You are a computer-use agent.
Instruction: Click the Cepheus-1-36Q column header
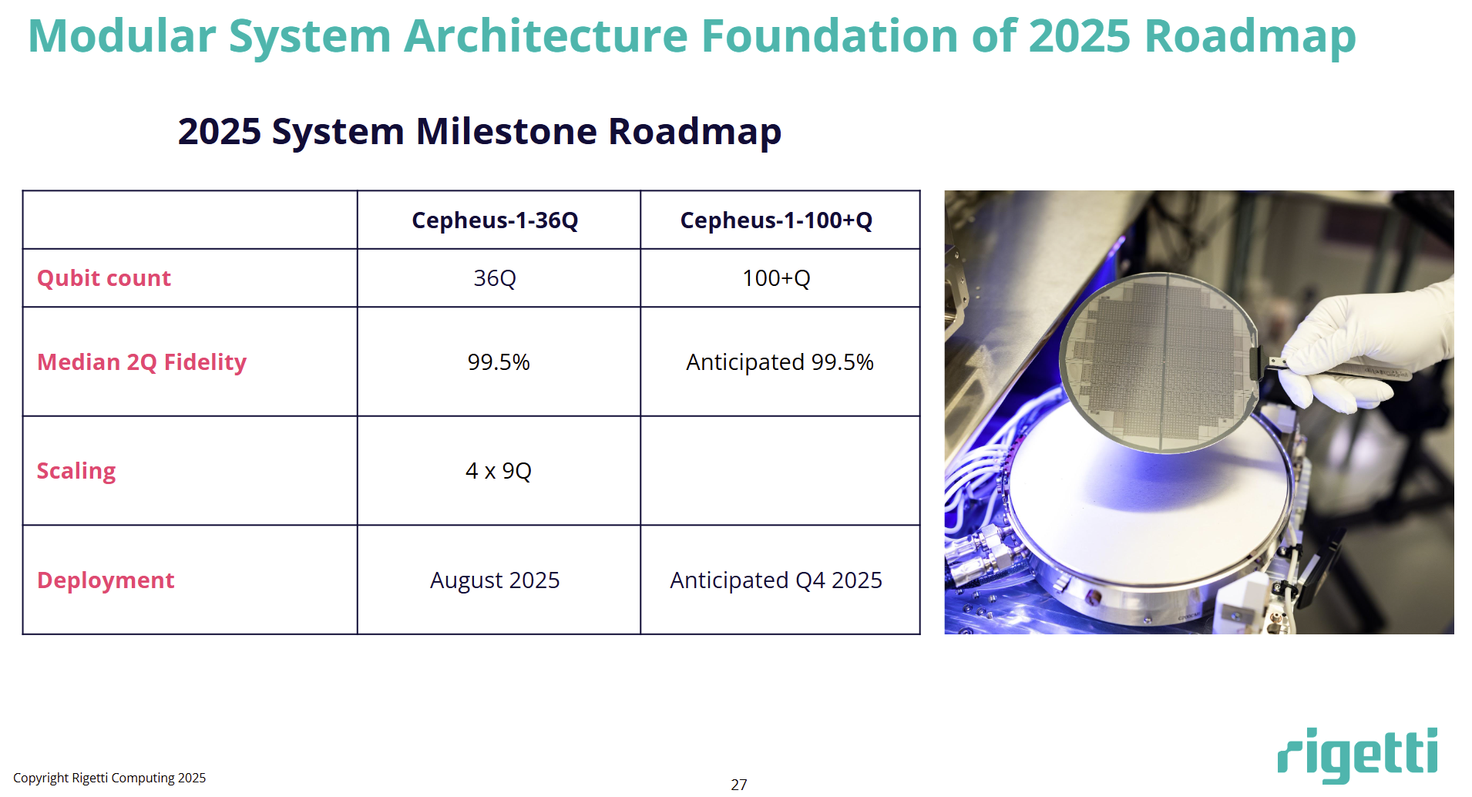point(495,220)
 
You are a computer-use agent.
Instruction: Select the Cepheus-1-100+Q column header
point(776,220)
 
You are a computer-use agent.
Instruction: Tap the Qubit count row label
point(104,278)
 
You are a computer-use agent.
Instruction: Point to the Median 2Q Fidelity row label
point(142,362)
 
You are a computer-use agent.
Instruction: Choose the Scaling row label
point(76,471)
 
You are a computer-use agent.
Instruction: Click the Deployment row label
point(106,580)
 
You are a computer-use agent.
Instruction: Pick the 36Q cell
point(495,278)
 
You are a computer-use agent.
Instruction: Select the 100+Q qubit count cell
point(776,278)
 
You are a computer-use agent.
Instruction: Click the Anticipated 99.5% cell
point(780,362)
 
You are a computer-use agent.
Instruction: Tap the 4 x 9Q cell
point(499,471)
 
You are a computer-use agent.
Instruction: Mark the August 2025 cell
point(495,580)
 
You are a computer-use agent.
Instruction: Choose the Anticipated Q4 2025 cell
point(776,580)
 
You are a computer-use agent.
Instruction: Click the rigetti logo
point(1358,755)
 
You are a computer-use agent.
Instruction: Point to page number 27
point(739,785)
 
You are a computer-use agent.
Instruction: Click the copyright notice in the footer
point(109,779)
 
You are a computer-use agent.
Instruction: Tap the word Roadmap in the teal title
point(1250,37)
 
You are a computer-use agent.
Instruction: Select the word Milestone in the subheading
point(506,131)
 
